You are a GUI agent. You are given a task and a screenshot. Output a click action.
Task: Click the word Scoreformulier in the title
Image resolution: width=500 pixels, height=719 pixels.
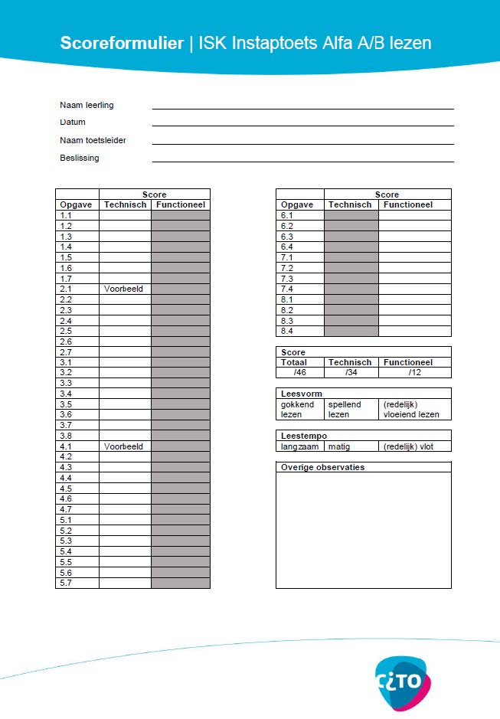(122, 43)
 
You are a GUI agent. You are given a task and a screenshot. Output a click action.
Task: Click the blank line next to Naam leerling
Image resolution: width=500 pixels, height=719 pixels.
(302, 106)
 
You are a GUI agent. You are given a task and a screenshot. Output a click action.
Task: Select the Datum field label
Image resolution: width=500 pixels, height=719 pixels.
(73, 123)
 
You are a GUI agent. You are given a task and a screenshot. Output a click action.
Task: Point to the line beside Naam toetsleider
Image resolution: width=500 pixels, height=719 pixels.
(302, 141)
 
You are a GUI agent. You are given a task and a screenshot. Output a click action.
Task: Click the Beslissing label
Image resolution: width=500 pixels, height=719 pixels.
(80, 159)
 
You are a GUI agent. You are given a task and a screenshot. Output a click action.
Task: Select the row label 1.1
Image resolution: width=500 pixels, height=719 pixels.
(66, 216)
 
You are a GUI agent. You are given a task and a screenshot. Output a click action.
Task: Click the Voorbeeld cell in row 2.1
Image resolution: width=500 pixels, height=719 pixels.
(124, 289)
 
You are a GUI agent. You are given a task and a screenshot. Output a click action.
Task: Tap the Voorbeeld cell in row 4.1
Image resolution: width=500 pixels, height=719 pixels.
(124, 446)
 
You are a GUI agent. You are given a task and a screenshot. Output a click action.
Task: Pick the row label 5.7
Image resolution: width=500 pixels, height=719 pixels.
(66, 583)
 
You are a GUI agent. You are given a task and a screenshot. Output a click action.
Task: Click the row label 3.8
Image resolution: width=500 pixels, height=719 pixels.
(66, 436)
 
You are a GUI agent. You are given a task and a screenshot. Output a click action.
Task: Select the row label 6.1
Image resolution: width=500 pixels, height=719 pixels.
(287, 216)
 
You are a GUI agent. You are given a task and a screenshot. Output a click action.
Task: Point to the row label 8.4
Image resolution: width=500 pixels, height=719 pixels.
(287, 332)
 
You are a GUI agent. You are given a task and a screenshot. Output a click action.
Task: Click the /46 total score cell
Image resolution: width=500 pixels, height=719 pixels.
(299, 373)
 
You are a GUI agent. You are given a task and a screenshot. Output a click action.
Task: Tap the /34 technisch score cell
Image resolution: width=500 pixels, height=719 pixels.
(350, 373)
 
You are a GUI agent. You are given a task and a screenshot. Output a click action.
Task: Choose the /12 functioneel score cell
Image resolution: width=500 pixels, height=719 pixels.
(414, 373)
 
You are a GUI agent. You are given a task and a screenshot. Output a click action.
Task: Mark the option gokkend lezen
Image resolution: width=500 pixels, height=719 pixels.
(298, 410)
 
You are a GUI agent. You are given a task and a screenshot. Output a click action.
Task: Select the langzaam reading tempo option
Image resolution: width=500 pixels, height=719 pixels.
(299, 446)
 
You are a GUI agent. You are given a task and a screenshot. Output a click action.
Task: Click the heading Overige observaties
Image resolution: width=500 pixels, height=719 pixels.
(322, 467)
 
